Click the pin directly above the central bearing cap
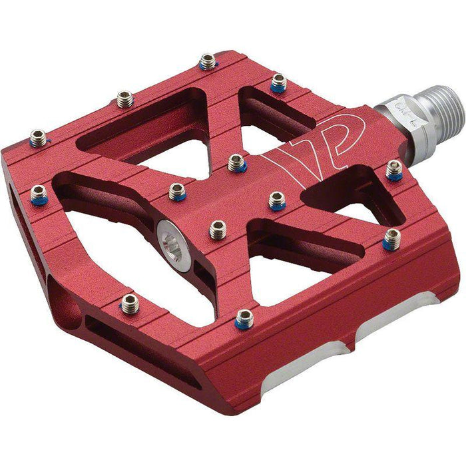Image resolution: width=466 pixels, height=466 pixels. (177, 192)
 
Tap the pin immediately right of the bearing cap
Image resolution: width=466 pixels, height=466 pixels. (218, 230)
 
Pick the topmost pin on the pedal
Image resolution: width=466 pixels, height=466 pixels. (208, 61)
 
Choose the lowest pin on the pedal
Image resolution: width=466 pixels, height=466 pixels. (244, 319)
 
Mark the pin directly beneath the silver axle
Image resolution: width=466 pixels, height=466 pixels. (394, 170)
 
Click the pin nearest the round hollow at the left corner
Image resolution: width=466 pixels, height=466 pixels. (130, 305)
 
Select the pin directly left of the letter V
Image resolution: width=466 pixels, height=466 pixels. (236, 162)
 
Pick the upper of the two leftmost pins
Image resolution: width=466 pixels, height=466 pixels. (38, 138)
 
